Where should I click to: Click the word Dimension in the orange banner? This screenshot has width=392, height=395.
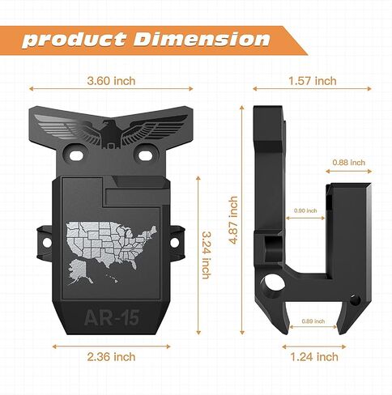202,40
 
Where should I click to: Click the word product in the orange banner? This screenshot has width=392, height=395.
74,40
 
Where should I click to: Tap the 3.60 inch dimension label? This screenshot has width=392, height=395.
111,81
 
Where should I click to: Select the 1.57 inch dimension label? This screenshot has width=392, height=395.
313,81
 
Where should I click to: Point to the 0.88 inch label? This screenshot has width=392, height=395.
348,163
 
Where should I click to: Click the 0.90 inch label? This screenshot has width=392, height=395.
305,210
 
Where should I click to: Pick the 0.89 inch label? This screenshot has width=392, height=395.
313,321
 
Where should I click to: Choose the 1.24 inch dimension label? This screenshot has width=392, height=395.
314,357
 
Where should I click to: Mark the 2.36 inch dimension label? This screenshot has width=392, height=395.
111,357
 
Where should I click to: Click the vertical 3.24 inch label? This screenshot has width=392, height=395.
207,254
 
